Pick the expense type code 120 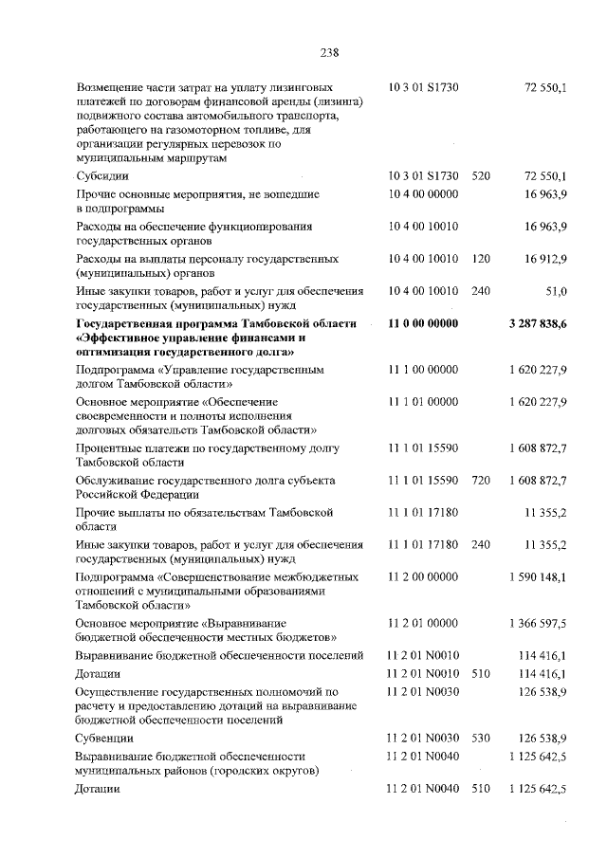click(481, 259)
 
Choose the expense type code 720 click(481, 481)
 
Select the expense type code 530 click(481, 737)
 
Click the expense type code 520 click(481, 176)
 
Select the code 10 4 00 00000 click(424, 193)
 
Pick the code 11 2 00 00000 click(424, 576)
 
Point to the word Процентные click(113, 447)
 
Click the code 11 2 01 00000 click(424, 623)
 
